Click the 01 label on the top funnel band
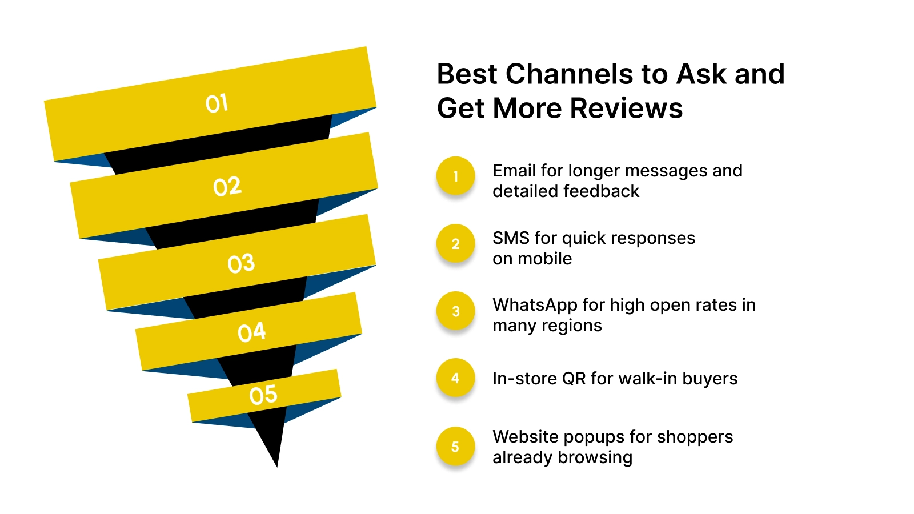217,103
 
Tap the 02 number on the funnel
227,186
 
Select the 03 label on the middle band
240,263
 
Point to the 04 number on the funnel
251,332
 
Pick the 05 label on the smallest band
263,395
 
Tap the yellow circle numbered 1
455,176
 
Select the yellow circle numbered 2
455,243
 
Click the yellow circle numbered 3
455,311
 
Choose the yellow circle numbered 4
455,378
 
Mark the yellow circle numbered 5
455,446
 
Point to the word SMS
511,238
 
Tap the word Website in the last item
526,437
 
